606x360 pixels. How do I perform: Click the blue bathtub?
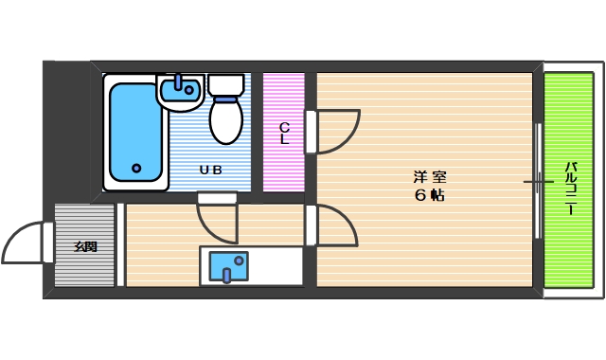tap(134, 133)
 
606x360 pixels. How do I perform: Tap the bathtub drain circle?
tap(136, 169)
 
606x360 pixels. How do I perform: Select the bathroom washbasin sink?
tap(181, 91)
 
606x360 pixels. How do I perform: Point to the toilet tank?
tap(225, 84)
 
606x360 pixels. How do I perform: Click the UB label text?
tap(209, 171)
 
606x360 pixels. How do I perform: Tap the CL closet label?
tap(283, 133)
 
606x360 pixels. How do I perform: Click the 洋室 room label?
tap(430, 176)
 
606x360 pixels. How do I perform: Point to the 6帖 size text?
tap(430, 195)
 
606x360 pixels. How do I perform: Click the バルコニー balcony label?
tap(571, 189)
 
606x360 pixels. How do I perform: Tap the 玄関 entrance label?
tap(85, 247)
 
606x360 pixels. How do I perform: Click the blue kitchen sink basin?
tap(227, 266)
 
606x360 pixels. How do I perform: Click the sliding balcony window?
tap(538, 180)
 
